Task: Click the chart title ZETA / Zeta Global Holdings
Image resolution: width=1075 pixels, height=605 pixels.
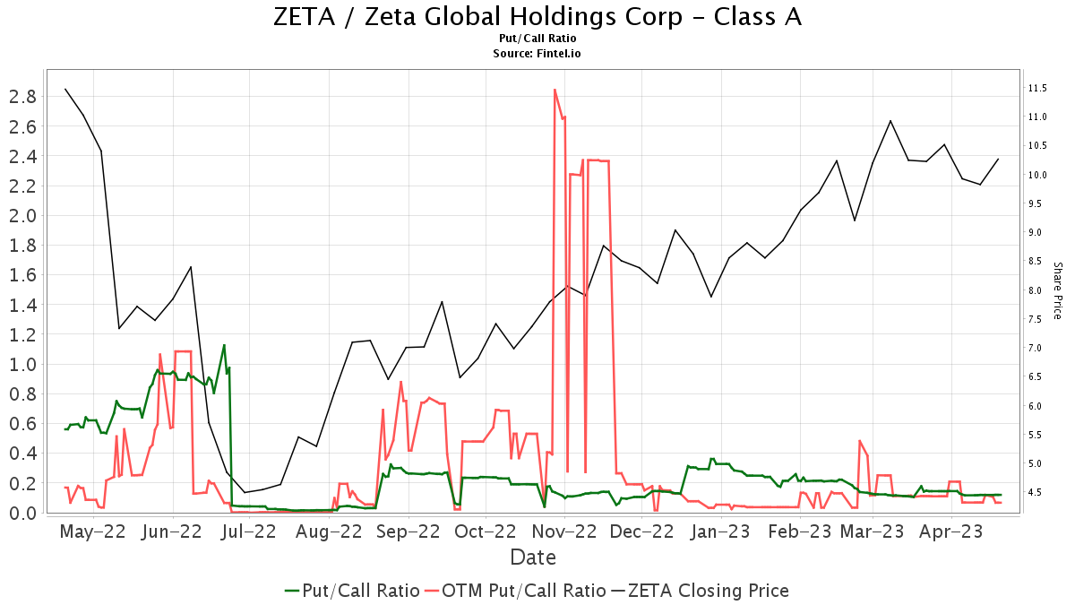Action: pos(537,17)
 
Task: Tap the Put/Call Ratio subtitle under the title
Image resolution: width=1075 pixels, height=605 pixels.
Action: pos(537,39)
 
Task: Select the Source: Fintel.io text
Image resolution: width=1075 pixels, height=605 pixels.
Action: pos(537,54)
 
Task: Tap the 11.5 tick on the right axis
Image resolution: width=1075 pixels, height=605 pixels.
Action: pos(1038,88)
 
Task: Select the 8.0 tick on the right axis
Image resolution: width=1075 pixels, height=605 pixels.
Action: pos(1038,290)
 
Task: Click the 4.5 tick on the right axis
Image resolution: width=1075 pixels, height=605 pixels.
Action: pos(1038,492)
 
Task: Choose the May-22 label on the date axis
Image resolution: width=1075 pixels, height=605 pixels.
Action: pos(93,532)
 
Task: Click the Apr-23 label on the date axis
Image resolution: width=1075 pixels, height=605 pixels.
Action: pos(952,532)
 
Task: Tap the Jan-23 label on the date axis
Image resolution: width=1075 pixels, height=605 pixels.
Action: pos(719,532)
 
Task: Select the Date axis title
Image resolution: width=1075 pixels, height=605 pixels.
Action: pos(533,557)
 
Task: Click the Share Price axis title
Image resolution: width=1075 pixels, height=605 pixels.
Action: pos(1057,290)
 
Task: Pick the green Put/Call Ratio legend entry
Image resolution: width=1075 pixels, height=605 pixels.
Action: pos(352,591)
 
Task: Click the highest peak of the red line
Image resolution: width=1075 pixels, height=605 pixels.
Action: pos(555,90)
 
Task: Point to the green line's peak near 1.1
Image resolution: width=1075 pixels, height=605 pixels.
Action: pos(224,345)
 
